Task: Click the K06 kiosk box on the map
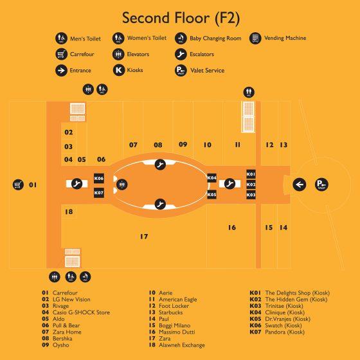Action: (99, 179)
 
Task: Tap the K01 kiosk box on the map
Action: (251, 174)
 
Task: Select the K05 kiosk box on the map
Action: (212, 195)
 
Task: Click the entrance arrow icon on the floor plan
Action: (300, 184)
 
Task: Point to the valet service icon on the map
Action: (321, 184)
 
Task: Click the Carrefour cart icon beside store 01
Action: (18, 184)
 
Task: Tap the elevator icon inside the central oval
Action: (122, 184)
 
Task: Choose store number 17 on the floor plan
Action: (144, 237)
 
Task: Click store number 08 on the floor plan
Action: (158, 145)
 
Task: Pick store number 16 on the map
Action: (232, 228)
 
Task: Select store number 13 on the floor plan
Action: (283, 145)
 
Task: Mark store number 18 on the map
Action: (69, 212)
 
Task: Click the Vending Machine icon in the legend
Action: (255, 38)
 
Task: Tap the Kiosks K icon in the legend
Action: (119, 70)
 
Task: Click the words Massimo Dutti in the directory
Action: (177, 332)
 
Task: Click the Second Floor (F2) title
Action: (181, 18)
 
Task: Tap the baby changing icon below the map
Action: (85, 277)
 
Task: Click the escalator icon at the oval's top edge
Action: (160, 165)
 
